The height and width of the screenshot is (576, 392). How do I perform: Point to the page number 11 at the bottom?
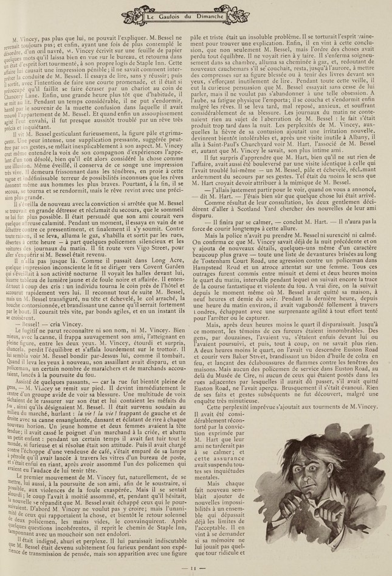click(x=196, y=567)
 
